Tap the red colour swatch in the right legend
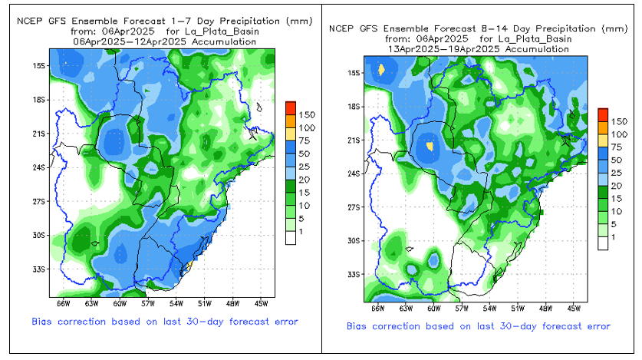pos(603,114)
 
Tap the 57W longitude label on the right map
pos(461,308)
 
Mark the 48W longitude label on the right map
pos(545,308)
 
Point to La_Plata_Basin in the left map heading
pos(223,31)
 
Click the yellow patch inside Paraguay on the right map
pos(430,144)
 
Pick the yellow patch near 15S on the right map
pos(381,70)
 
